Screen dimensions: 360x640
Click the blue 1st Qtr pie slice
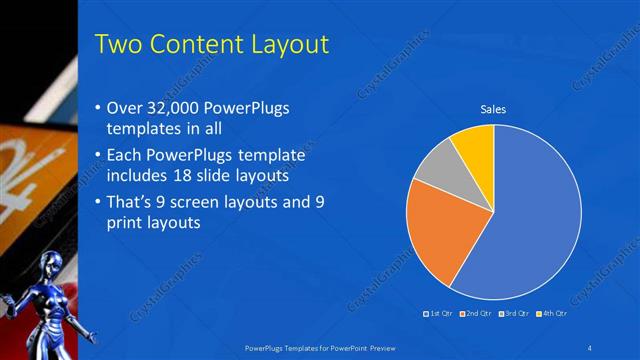530,220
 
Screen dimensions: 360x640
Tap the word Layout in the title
291,45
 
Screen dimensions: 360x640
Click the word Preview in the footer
394,346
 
